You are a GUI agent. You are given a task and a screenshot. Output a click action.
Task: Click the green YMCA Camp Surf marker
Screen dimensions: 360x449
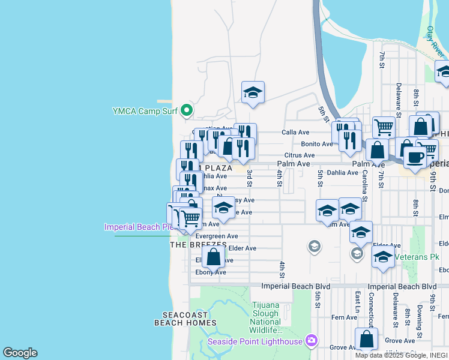(x=187, y=110)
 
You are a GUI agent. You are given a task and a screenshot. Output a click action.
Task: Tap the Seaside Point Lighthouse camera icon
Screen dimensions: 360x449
(x=311, y=341)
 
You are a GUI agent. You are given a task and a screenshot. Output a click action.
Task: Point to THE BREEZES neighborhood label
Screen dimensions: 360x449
(x=198, y=245)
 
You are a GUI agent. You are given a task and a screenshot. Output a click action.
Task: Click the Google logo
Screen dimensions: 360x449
(x=20, y=353)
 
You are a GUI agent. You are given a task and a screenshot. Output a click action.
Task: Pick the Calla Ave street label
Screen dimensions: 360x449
(x=295, y=133)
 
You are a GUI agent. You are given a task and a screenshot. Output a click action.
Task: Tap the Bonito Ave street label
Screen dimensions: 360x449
(x=316, y=144)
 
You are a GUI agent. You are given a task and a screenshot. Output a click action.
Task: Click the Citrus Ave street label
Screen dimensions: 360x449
(x=300, y=155)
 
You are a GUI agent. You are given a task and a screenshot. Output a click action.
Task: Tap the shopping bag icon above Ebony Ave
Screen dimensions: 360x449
(x=213, y=257)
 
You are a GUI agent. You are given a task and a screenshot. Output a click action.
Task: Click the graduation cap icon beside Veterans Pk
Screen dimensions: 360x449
(x=382, y=257)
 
